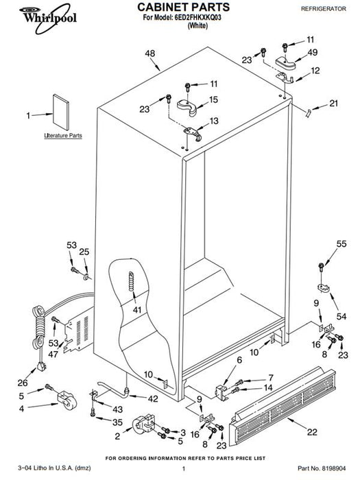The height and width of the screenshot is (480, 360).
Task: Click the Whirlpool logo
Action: click(x=48, y=19)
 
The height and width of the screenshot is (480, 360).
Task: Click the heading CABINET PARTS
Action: click(x=183, y=7)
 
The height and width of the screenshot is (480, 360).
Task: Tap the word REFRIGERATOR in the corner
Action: click(x=324, y=9)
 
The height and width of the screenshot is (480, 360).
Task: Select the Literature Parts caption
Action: click(x=63, y=135)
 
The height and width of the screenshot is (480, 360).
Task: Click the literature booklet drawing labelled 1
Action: click(x=60, y=112)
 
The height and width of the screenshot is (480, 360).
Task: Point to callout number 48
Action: click(x=150, y=53)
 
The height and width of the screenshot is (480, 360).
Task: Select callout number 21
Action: click(x=334, y=103)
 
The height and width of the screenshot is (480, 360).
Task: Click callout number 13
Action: click(x=214, y=121)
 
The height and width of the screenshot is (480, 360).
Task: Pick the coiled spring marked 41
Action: click(x=132, y=281)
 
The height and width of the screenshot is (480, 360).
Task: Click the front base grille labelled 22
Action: click(x=283, y=407)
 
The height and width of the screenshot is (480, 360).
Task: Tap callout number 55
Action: click(x=341, y=243)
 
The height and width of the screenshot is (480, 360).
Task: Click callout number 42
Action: click(x=153, y=398)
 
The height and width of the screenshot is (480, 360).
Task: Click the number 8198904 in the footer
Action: click(x=333, y=468)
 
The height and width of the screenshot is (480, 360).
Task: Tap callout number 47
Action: click(x=53, y=355)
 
